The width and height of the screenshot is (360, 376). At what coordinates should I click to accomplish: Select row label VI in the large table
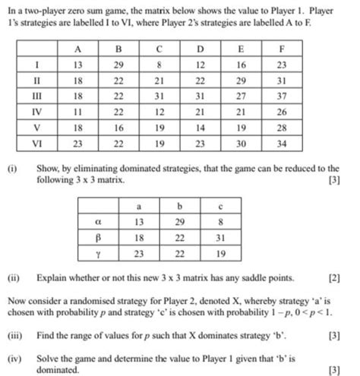[38, 143]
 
